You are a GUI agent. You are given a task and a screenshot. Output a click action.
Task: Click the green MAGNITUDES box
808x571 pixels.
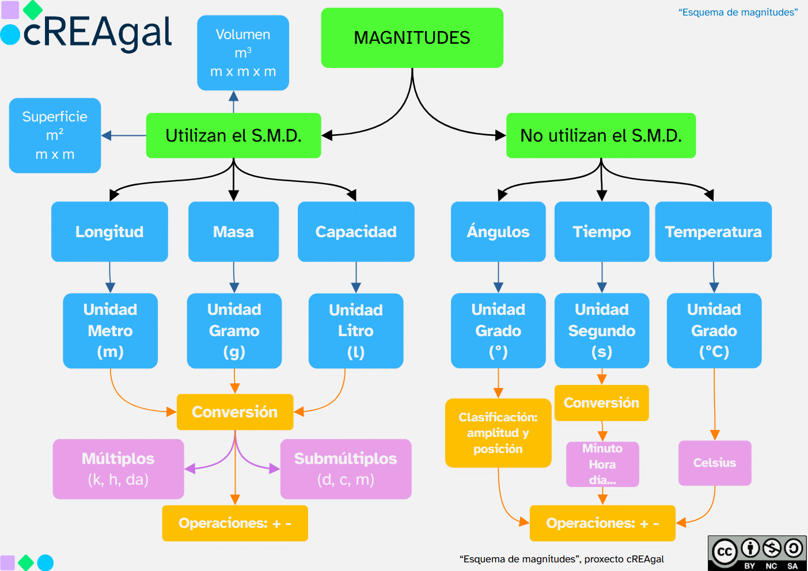(x=412, y=38)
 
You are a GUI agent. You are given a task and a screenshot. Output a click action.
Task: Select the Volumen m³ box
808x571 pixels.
(x=243, y=53)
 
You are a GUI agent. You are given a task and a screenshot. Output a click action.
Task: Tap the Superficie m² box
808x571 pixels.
(x=55, y=135)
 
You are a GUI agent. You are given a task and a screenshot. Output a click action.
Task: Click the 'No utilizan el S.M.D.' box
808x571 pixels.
(x=601, y=135)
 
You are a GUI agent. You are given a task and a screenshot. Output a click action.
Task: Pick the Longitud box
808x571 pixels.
(x=109, y=231)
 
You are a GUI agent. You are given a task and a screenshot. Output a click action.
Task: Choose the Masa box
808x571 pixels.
(x=233, y=231)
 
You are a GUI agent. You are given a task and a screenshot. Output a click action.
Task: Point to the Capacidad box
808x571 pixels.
(x=356, y=231)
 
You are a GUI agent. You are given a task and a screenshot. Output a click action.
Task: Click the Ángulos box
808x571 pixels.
(x=498, y=231)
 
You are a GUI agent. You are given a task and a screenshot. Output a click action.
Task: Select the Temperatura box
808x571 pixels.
(x=713, y=231)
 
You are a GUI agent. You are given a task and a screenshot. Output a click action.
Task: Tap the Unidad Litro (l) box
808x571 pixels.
(x=356, y=331)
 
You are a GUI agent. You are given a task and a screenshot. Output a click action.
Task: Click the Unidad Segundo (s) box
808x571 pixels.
(x=602, y=331)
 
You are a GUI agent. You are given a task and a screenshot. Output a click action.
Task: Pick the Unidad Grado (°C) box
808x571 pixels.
(x=714, y=331)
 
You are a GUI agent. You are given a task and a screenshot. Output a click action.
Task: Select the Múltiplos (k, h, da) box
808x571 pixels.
(x=118, y=469)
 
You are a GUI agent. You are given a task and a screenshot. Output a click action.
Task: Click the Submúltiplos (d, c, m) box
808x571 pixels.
(x=346, y=469)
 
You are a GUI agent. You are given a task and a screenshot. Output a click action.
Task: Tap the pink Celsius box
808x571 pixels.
(x=715, y=463)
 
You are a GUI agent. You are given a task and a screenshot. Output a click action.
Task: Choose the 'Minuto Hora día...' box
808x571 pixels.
(x=602, y=464)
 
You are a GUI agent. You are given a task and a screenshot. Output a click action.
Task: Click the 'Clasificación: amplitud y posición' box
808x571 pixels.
(x=498, y=433)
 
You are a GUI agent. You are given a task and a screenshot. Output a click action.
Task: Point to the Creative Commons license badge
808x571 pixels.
(x=757, y=553)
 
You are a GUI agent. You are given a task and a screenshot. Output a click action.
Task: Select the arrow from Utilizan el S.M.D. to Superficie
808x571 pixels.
(x=124, y=136)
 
